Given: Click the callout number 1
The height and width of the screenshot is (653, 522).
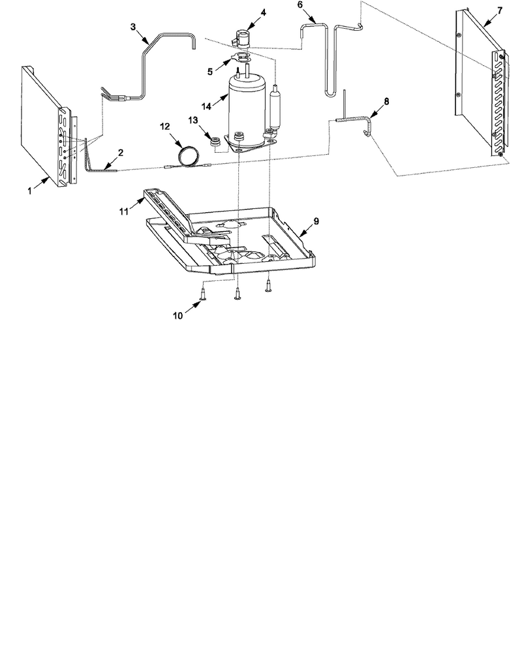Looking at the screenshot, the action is point(29,191).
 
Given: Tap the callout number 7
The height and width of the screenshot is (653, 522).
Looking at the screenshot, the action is point(500,10).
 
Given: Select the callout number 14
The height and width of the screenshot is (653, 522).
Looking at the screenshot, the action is point(207,106).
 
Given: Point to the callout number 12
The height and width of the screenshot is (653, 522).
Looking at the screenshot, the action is point(165,126).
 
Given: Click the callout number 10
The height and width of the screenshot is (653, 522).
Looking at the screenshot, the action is point(177,315).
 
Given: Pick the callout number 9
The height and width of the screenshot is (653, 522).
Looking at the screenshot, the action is point(316,221).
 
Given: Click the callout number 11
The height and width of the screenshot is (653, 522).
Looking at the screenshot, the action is point(123,212).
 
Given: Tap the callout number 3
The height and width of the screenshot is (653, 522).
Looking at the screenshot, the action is point(133,27).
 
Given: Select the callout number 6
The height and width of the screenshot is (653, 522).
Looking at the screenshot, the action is point(300,5).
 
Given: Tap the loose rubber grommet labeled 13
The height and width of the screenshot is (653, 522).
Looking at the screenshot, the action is point(215,142).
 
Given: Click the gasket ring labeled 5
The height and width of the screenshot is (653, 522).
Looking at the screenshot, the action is point(240,57).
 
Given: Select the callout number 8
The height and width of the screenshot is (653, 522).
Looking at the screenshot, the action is point(386,101).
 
